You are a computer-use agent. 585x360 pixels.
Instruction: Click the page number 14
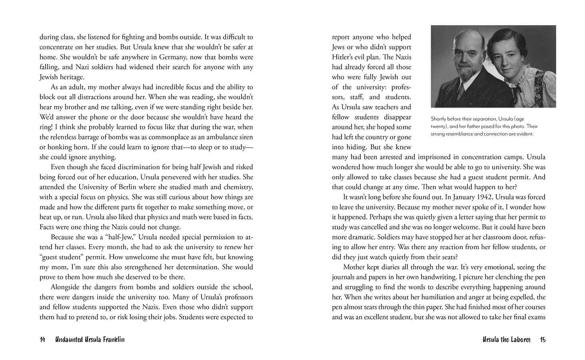[42, 340]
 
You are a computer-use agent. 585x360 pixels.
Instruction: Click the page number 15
[543, 340]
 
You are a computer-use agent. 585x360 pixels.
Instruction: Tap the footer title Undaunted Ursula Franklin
[90, 340]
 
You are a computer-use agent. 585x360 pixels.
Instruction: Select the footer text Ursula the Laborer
[506, 340]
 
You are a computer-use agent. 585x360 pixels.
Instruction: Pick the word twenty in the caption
[438, 126]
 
